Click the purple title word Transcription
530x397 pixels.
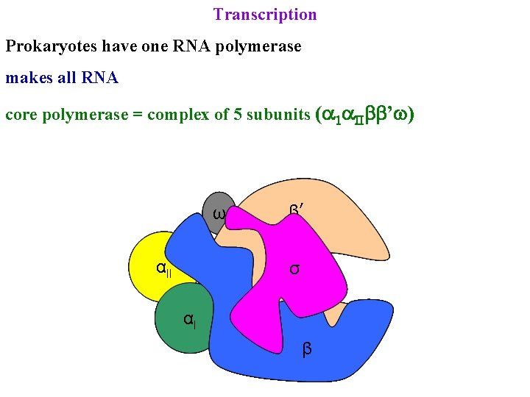click(265, 15)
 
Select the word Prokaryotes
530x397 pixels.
click(50, 46)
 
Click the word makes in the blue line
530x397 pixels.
click(28, 77)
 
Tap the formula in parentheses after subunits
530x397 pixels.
click(364, 115)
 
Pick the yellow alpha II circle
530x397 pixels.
click(151, 261)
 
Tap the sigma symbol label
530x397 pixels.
click(294, 269)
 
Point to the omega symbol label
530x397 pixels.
click(219, 214)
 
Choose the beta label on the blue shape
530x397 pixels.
click(307, 348)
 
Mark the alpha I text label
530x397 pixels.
click(189, 320)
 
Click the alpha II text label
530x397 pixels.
click(163, 268)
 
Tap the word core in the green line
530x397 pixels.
click(20, 116)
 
